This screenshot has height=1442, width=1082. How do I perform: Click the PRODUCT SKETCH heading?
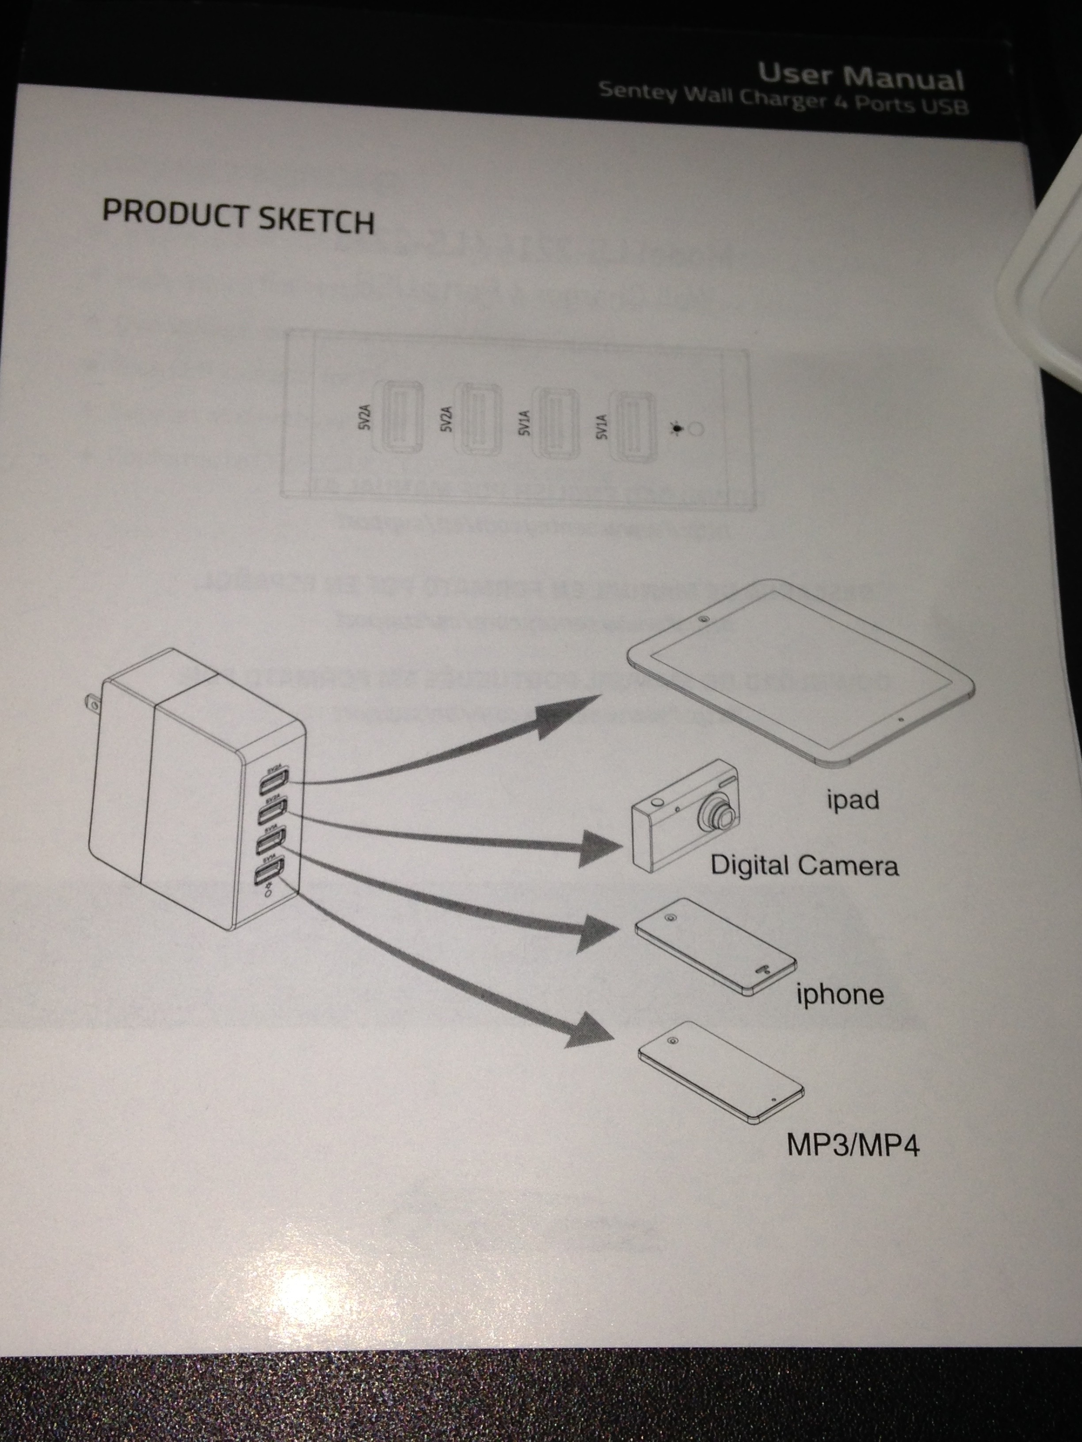pyautogui.click(x=238, y=216)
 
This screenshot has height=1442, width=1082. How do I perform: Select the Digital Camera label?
pyautogui.click(x=804, y=866)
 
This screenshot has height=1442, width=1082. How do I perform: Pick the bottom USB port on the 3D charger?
pyautogui.click(x=269, y=872)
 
